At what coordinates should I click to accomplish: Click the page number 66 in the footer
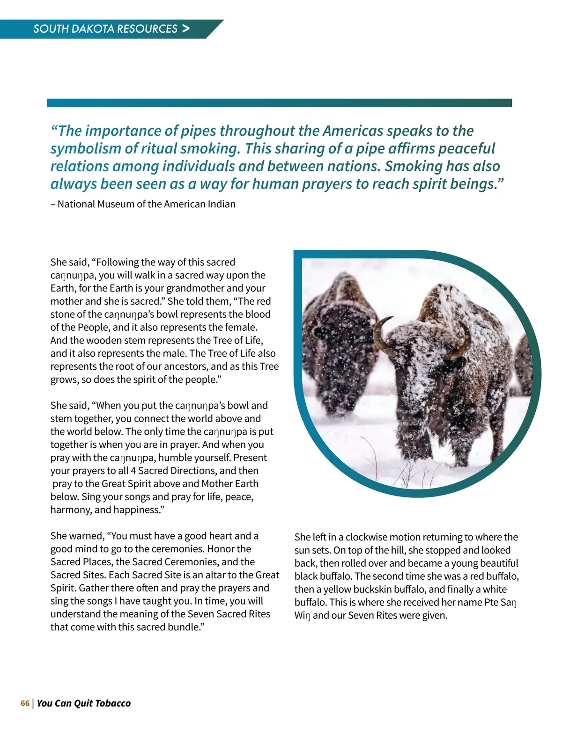click(25, 703)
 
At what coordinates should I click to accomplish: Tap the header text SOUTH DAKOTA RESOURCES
click(105, 29)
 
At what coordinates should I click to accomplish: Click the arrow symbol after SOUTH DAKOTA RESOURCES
click(186, 29)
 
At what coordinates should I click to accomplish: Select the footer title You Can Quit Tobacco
click(84, 703)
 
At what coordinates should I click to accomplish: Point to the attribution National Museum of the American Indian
click(146, 204)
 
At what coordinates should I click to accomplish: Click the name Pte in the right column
click(491, 602)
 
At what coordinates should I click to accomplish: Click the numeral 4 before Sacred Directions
click(140, 471)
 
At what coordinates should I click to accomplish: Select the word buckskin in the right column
click(381, 590)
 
